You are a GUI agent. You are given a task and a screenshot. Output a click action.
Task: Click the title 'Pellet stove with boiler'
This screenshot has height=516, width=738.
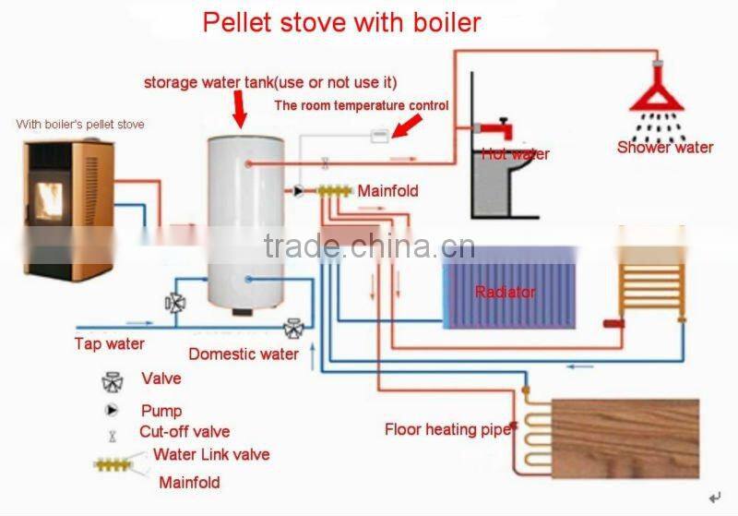(x=341, y=21)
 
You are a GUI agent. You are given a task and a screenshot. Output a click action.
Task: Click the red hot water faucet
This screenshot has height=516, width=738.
(x=494, y=125)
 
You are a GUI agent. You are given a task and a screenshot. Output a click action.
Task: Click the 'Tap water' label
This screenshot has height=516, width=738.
(x=109, y=344)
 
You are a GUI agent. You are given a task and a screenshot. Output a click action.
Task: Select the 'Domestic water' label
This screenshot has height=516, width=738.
(x=244, y=354)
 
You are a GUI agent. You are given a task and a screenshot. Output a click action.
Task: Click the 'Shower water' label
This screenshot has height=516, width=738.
(x=665, y=147)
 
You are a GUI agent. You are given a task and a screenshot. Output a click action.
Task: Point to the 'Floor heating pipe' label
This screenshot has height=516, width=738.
(x=448, y=429)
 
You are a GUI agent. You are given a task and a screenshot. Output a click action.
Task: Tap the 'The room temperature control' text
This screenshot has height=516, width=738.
(x=362, y=105)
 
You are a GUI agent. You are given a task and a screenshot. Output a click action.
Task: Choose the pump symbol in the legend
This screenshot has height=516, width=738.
(x=113, y=409)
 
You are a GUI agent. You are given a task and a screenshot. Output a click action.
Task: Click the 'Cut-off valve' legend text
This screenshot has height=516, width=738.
(x=184, y=431)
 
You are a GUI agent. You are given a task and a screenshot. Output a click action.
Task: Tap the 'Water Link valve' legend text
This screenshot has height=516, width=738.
(x=211, y=454)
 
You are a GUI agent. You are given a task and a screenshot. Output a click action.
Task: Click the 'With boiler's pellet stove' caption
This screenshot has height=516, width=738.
(x=80, y=124)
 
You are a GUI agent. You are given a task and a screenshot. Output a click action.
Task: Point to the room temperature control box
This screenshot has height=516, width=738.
(x=378, y=136)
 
